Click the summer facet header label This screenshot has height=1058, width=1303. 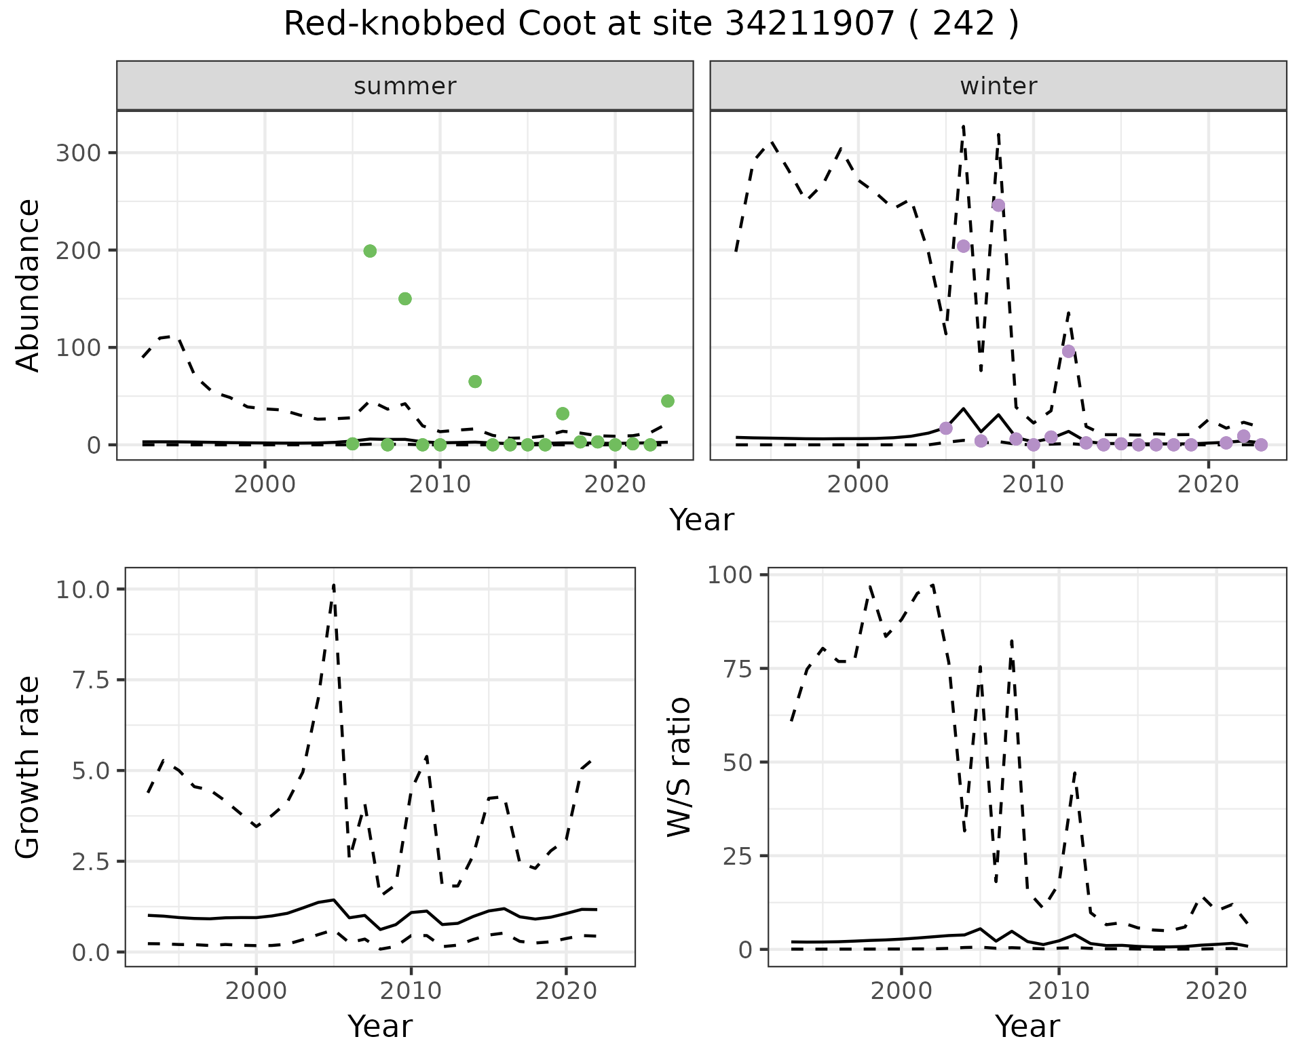tap(405, 87)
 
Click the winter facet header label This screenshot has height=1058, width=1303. tap(998, 87)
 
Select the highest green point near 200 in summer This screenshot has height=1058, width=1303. tap(370, 251)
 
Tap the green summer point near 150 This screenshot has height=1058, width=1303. tap(405, 299)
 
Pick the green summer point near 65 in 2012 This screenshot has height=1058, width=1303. tap(475, 382)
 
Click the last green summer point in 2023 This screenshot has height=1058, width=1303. tap(668, 401)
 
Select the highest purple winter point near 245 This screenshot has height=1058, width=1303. tap(998, 205)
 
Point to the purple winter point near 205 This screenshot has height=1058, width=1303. tap(964, 246)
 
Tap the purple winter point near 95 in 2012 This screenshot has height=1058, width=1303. tap(1069, 351)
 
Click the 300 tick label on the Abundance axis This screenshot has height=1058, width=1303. tap(78, 153)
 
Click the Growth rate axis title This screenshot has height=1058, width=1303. tap(28, 768)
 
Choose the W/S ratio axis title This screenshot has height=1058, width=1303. tap(679, 768)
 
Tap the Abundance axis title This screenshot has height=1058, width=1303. tap(28, 286)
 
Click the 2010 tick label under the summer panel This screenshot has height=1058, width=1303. tap(440, 485)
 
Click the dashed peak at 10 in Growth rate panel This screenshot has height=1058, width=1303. tap(334, 585)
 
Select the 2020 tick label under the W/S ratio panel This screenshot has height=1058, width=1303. tap(1217, 991)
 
